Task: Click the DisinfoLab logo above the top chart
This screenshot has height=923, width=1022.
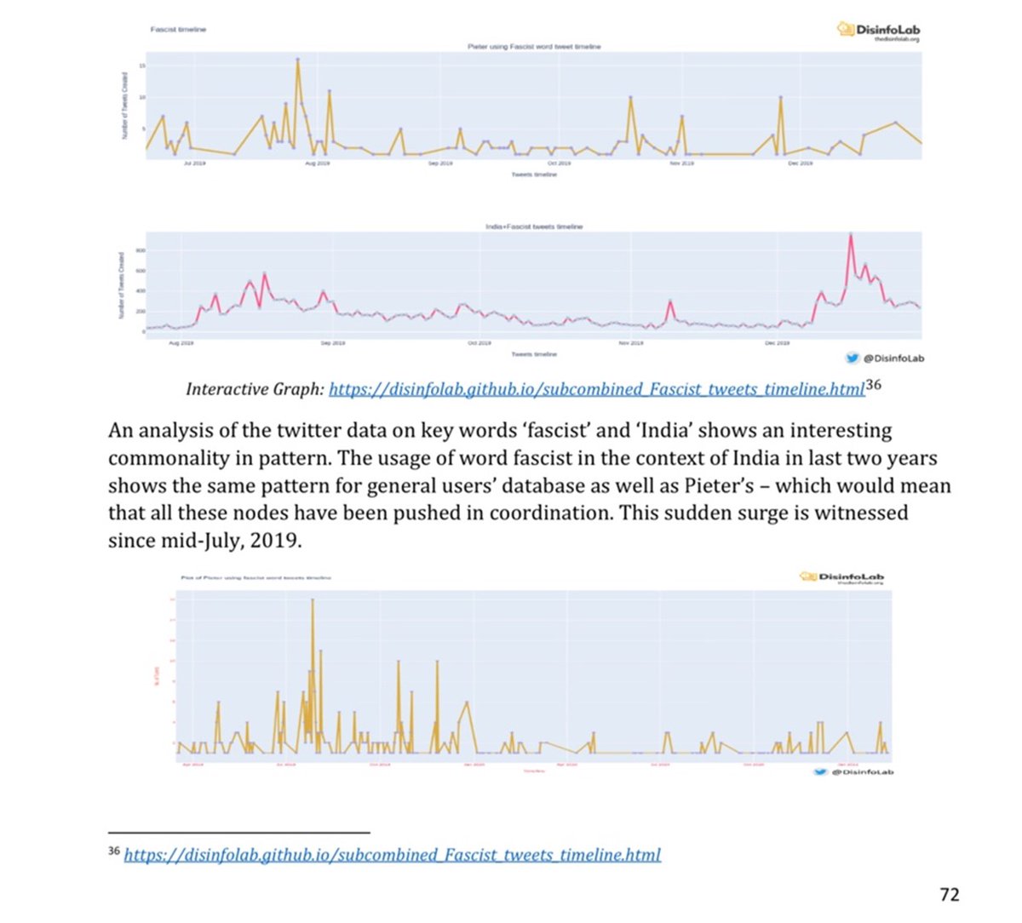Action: [879, 31]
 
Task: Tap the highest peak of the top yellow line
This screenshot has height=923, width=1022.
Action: [297, 60]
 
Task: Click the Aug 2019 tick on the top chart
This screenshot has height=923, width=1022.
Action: [317, 162]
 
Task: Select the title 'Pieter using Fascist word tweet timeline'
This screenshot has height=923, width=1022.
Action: [534, 46]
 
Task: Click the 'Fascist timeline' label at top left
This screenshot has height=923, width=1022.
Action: [178, 29]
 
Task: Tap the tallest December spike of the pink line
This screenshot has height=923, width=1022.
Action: [850, 235]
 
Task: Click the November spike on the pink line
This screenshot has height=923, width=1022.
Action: [670, 301]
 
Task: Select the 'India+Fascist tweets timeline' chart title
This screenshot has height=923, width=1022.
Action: [534, 226]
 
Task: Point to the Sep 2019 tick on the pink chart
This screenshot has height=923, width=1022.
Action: [332, 343]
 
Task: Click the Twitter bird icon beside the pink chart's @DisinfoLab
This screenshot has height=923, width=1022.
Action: [851, 358]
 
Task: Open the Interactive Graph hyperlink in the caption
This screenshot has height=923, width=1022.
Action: [596, 389]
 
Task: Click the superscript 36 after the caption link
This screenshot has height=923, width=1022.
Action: [873, 385]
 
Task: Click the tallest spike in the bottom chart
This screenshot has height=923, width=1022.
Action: [313, 600]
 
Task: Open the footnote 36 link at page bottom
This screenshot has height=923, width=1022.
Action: [392, 854]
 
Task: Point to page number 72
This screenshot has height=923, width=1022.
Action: [949, 893]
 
